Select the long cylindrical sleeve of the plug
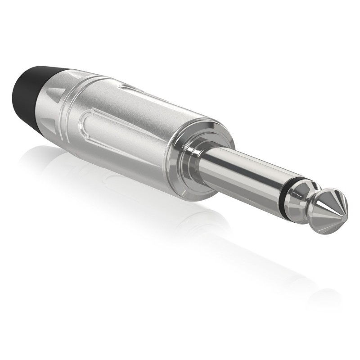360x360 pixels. point(243,171)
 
